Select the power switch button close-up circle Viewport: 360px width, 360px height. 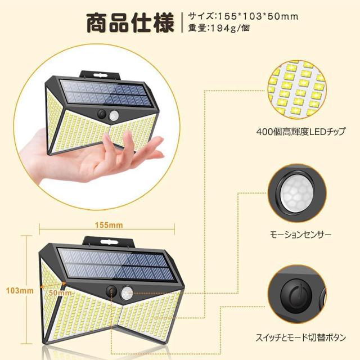pos(296,297)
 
